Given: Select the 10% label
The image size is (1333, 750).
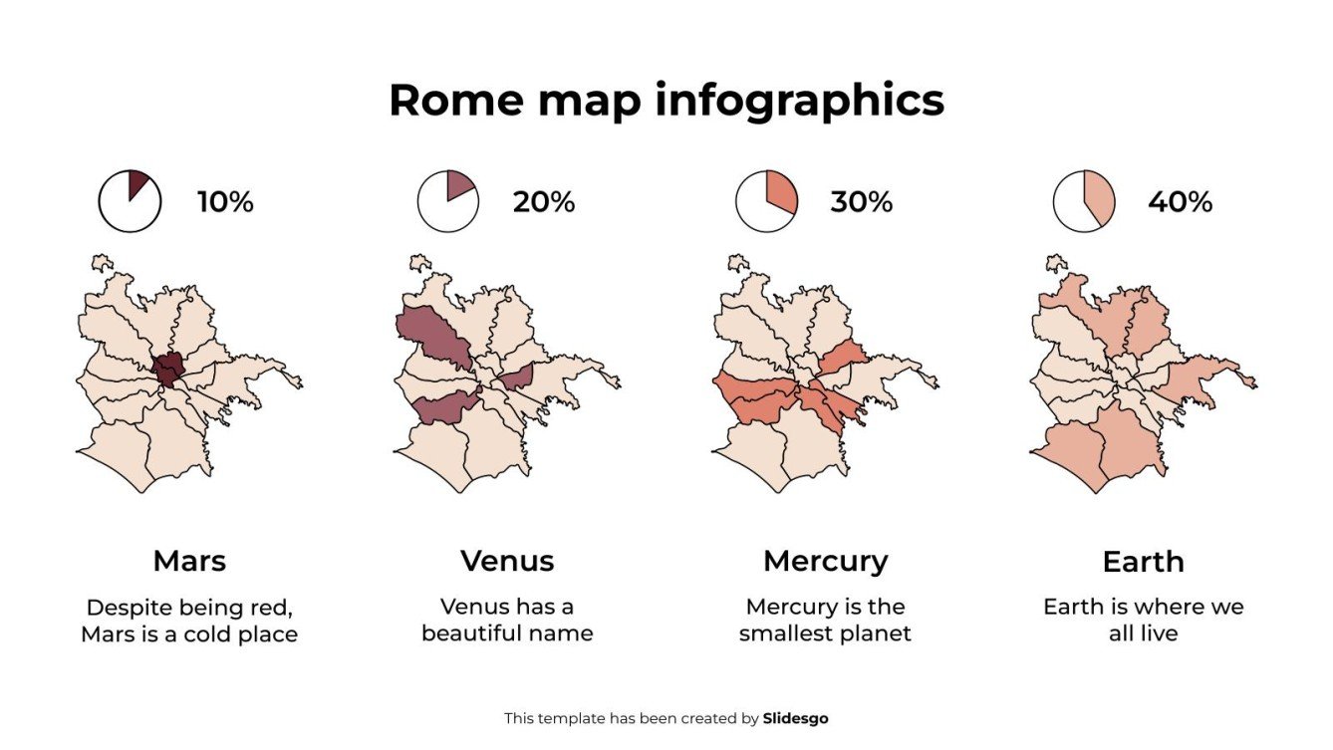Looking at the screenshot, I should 225,202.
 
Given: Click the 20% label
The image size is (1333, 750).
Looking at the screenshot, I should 544,202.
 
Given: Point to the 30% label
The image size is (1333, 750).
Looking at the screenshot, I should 861,202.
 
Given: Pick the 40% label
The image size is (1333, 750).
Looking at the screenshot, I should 1180,202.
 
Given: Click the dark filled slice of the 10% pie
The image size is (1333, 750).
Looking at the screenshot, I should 137,182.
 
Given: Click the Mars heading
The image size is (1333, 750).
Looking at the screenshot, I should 189,561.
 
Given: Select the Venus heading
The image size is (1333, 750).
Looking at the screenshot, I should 507,561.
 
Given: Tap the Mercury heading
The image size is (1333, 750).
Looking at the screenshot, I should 825,561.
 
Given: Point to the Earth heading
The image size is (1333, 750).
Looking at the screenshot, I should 1143,562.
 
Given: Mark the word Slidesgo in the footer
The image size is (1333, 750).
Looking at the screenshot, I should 795,718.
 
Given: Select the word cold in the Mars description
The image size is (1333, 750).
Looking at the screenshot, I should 208,633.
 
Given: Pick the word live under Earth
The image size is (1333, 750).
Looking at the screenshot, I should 1160,633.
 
